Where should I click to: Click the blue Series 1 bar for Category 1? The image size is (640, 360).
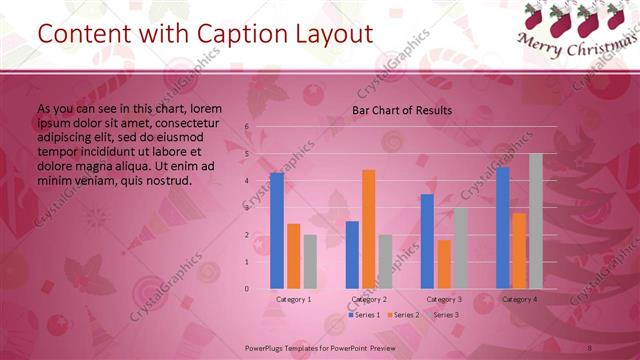277,230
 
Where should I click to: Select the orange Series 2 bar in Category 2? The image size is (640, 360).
369,229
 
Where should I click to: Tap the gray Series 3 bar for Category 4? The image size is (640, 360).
536,221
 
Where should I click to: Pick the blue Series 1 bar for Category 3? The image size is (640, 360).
427,241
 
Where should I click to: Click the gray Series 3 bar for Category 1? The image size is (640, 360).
310,262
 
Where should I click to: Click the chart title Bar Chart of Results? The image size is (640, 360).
402,110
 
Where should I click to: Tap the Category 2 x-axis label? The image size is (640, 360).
369,299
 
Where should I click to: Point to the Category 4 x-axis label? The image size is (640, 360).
519,299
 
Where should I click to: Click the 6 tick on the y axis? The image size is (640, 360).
246,127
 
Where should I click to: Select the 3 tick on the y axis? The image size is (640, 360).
246,208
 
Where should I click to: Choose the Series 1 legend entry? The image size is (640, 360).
364,315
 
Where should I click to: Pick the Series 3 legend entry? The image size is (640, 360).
443,315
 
